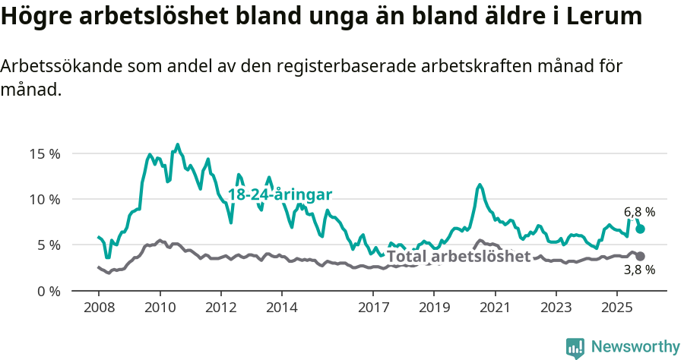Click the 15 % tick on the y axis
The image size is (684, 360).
click(x=45, y=153)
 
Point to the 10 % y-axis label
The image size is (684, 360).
click(x=45, y=199)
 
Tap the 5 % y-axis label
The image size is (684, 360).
click(x=49, y=245)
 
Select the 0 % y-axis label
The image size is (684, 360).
click(x=49, y=291)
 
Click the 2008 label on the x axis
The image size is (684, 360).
click(x=99, y=308)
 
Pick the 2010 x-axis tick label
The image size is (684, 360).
click(x=160, y=308)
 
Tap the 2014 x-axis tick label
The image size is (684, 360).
click(x=281, y=308)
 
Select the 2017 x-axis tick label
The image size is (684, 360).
click(x=372, y=308)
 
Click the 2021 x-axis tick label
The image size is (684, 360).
click(x=495, y=308)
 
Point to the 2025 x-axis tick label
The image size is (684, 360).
click(x=616, y=308)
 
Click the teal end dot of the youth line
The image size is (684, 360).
click(x=641, y=229)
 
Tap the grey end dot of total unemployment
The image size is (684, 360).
click(x=641, y=257)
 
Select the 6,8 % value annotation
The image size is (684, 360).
click(x=639, y=213)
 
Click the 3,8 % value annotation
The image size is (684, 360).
click(x=639, y=270)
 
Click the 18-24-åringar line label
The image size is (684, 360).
click(x=280, y=194)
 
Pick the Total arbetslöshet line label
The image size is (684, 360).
click(x=458, y=257)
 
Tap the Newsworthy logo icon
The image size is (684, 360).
click(x=575, y=347)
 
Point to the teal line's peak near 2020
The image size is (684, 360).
click(x=480, y=185)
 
